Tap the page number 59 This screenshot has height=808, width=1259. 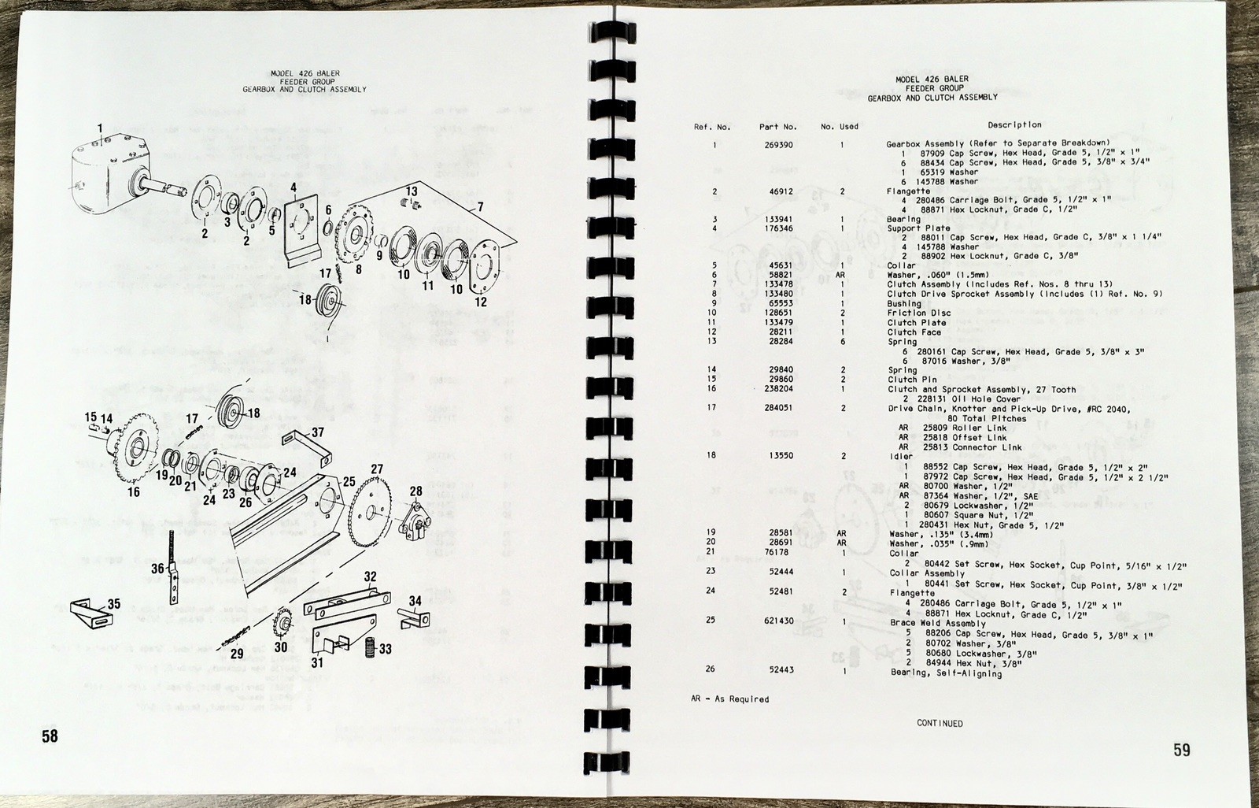(x=1182, y=750)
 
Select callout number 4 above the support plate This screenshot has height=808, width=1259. (x=293, y=187)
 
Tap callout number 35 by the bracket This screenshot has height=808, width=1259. (x=114, y=604)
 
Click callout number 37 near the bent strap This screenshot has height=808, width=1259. (x=317, y=432)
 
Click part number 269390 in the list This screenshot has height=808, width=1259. (x=777, y=145)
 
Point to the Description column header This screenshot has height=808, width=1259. (x=1014, y=124)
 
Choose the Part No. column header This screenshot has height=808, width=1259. (x=777, y=126)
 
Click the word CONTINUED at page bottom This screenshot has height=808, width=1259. (x=939, y=723)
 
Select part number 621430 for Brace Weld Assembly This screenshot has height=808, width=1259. (x=777, y=620)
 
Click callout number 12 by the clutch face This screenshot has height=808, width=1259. (x=481, y=301)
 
